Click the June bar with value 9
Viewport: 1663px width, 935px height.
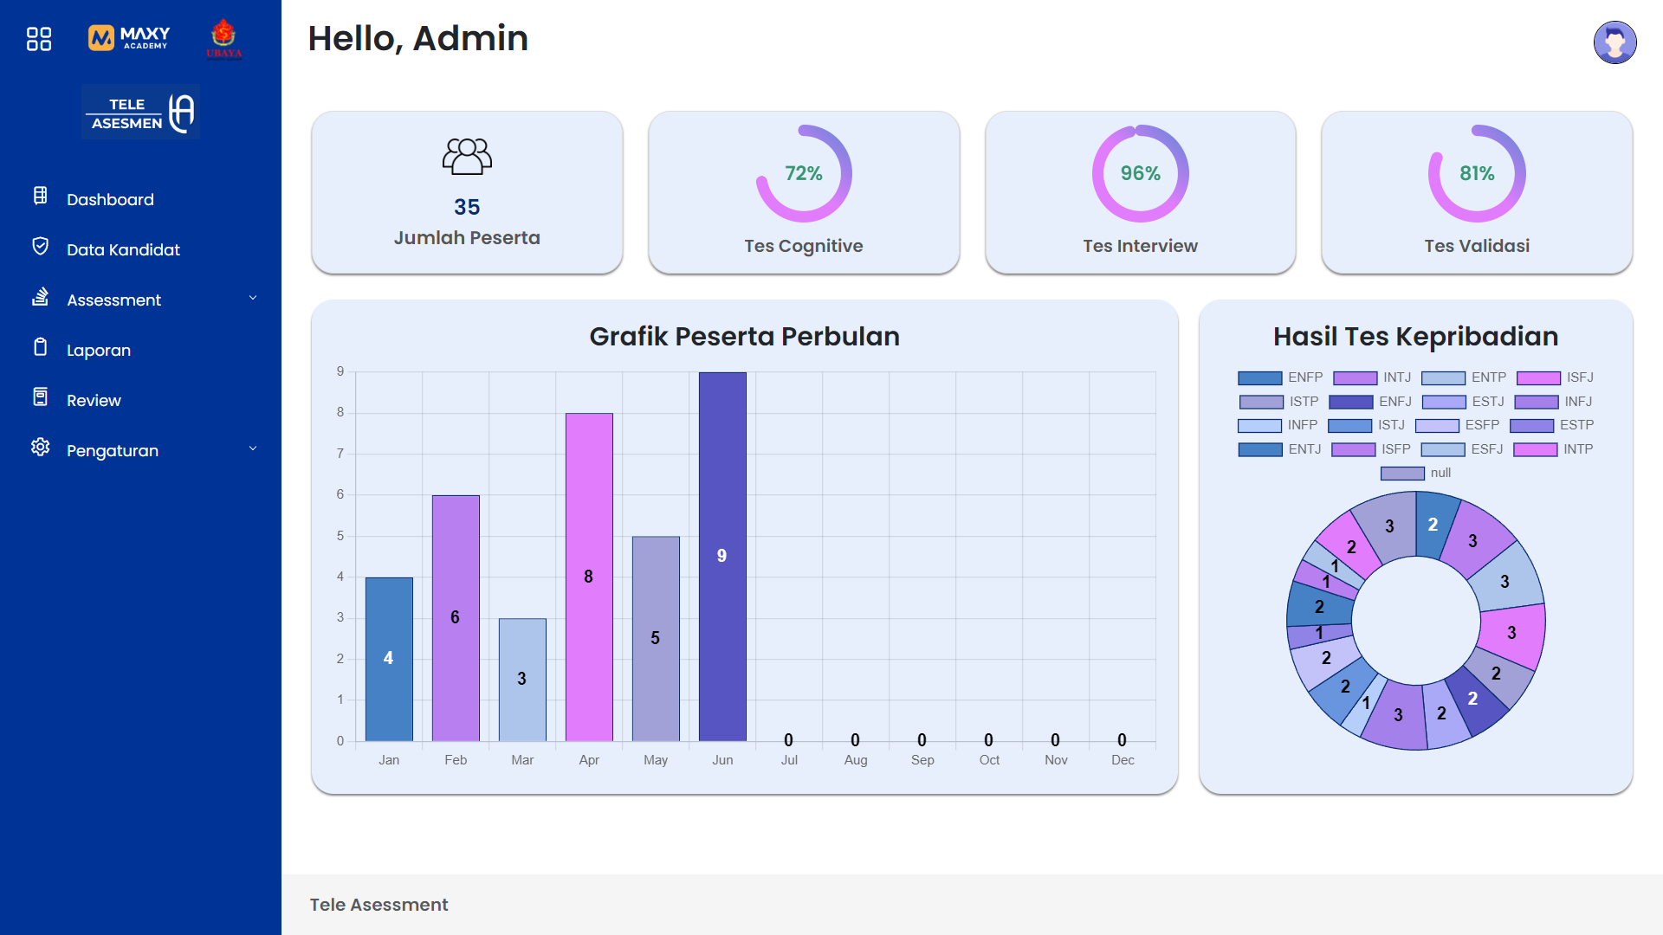(722, 556)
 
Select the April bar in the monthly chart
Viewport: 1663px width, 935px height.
(589, 577)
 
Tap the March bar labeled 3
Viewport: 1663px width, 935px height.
(522, 679)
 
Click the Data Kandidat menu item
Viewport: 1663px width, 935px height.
(123, 249)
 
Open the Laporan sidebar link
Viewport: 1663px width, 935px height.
(98, 350)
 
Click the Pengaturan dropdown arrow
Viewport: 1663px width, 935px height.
(253, 448)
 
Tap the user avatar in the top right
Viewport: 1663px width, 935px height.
(1614, 42)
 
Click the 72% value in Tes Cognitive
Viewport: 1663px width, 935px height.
(803, 173)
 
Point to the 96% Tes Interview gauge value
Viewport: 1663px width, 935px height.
(1140, 173)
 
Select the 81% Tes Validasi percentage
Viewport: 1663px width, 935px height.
(1477, 173)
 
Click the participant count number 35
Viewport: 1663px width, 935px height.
(467, 207)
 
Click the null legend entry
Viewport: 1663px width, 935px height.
(1416, 473)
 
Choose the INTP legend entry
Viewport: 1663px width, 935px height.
(1554, 449)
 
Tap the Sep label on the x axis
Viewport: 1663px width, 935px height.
(922, 760)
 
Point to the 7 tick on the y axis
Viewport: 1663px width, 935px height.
(340, 454)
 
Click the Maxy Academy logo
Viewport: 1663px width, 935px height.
(129, 37)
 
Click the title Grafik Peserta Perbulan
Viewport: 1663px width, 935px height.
(744, 336)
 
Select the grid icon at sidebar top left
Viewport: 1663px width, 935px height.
(39, 38)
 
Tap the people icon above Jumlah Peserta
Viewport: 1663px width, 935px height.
(467, 157)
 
